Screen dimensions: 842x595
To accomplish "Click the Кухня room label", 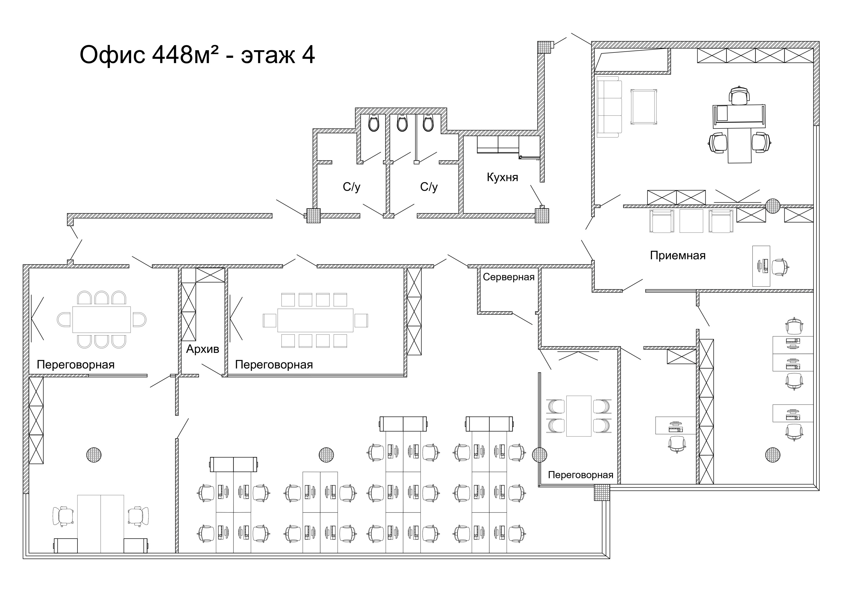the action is [502, 178].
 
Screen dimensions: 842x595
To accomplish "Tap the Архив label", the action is [202, 349].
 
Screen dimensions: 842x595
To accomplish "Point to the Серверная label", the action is [508, 277].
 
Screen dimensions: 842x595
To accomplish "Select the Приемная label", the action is [678, 256].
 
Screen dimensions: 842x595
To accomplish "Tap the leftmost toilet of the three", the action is [373, 123].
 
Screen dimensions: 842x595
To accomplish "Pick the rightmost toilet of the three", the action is [428, 123].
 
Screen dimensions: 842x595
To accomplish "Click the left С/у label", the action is [351, 187].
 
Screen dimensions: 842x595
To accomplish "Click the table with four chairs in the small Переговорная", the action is [579, 416].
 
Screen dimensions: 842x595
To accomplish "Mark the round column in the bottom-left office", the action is [94, 455].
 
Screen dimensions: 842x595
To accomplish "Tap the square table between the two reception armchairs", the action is [691, 221].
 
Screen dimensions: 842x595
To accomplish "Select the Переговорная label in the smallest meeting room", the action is [580, 475].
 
